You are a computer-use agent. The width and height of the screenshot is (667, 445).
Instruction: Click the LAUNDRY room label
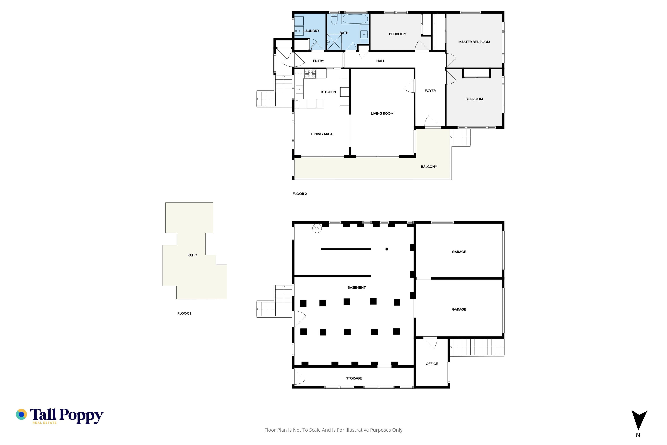pyautogui.click(x=311, y=31)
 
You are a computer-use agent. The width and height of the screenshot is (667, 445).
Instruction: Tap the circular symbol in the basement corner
pyautogui.click(x=317, y=228)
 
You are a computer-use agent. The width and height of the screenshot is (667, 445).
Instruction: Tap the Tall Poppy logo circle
pyautogui.click(x=22, y=414)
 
